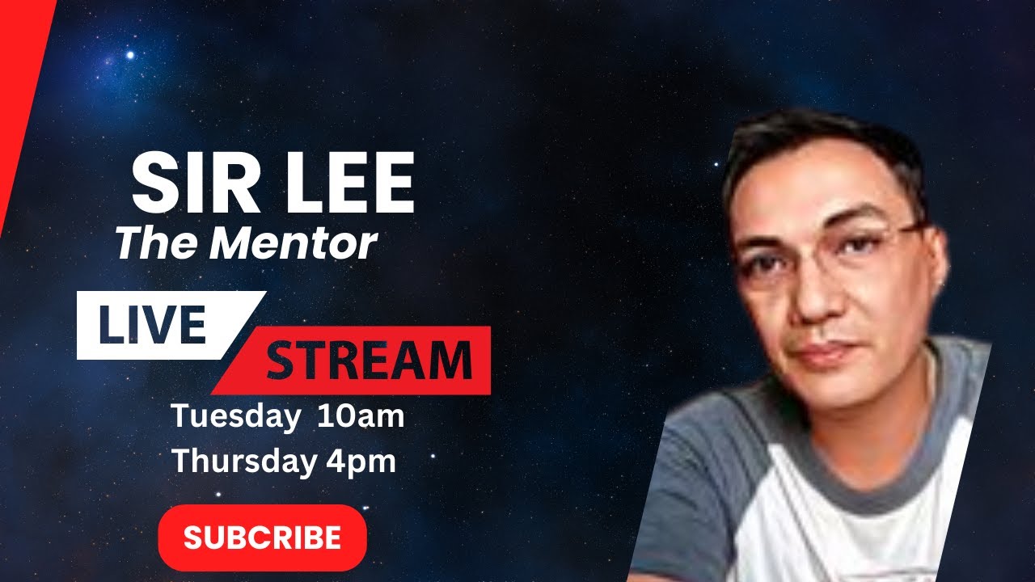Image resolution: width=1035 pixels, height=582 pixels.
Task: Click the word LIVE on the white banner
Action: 152,324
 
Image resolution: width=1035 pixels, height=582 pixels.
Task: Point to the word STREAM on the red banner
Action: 369,361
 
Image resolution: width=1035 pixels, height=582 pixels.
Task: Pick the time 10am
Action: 361,417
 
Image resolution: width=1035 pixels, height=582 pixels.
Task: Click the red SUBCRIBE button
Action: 262,538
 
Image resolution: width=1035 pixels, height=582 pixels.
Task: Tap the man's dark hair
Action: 817,141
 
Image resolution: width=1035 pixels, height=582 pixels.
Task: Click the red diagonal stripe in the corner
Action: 20,89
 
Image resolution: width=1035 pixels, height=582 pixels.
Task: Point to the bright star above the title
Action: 129,55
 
